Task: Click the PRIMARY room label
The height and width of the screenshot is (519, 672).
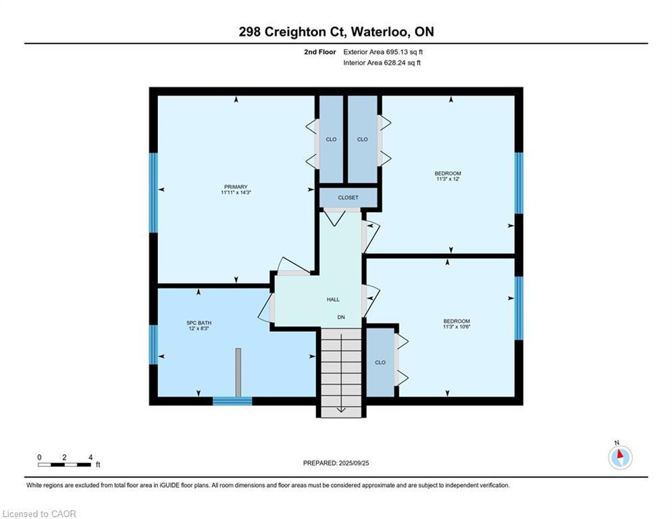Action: tap(236, 187)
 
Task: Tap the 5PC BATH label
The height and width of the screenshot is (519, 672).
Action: tap(199, 323)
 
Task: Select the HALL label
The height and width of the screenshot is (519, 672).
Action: tap(333, 300)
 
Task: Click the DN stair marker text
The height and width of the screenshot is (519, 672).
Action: tap(341, 318)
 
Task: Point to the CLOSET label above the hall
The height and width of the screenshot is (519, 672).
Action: tap(348, 198)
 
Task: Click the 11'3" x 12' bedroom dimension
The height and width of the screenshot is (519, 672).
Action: tap(448, 179)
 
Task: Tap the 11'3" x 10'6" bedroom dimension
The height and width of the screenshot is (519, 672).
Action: tap(457, 327)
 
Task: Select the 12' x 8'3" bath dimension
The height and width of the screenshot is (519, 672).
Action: tap(199, 328)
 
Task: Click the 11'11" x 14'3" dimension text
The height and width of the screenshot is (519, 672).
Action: tap(236, 193)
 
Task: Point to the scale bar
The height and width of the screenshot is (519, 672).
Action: tap(64, 464)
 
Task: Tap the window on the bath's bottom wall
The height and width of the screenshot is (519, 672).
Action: tap(232, 401)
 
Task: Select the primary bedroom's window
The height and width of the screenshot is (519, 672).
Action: tap(153, 193)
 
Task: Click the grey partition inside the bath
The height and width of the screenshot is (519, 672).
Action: tap(238, 372)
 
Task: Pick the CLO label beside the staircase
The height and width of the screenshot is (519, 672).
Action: tap(380, 362)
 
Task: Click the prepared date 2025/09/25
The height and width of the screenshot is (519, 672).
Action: tap(354, 463)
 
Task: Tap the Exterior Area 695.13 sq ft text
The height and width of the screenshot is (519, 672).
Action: tap(383, 52)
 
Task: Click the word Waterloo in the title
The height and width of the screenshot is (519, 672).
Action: tap(380, 32)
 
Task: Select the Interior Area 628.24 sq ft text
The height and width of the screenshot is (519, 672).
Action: tap(382, 63)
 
